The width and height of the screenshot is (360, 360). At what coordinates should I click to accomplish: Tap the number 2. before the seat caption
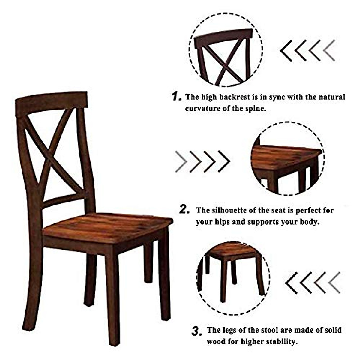click(x=184, y=210)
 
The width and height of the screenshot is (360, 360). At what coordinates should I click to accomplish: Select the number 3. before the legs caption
click(x=196, y=331)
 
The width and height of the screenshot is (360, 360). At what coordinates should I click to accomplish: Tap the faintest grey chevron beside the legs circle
click(x=334, y=283)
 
